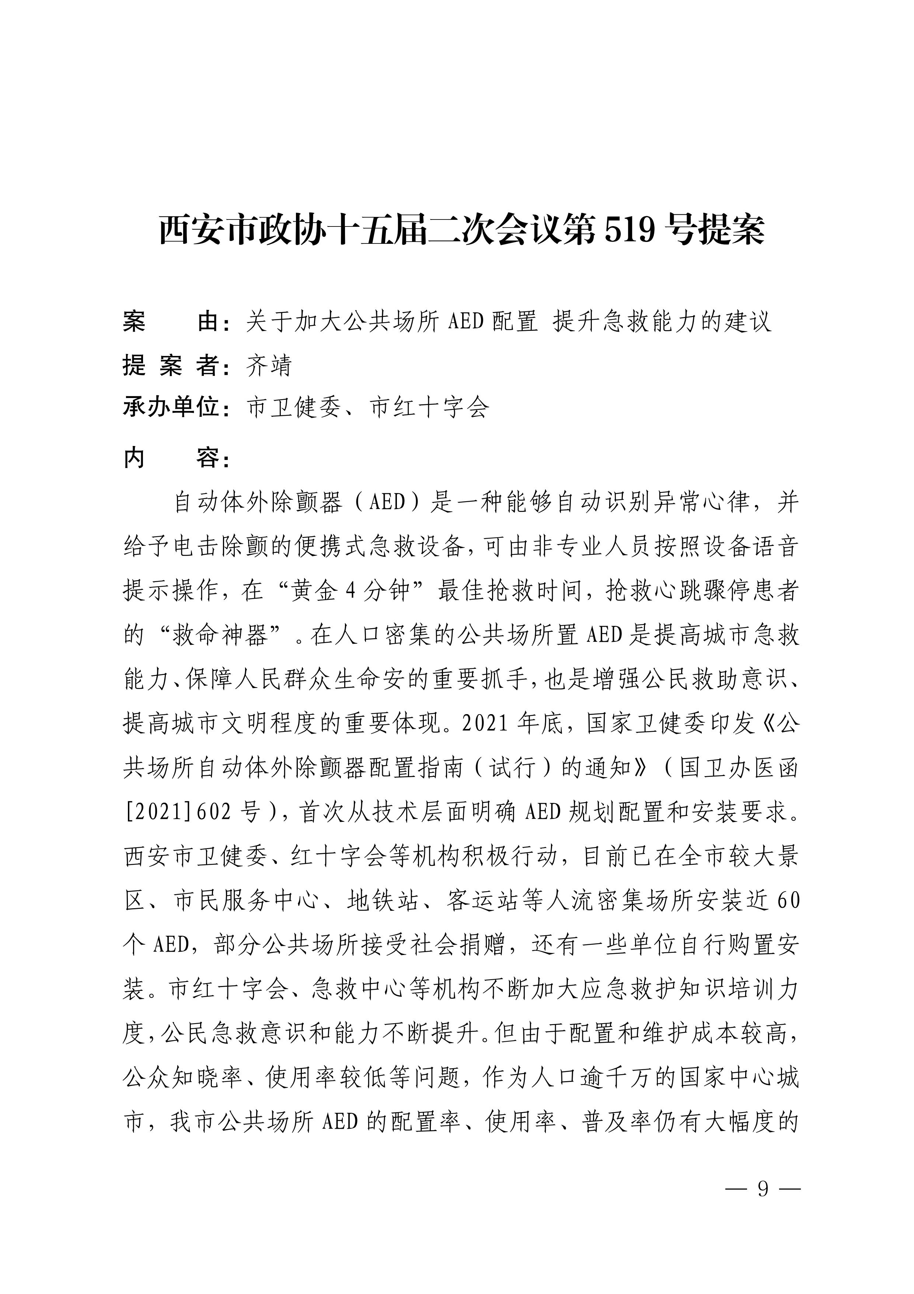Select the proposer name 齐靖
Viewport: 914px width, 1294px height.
(269, 366)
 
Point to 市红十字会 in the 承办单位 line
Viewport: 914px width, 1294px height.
(430, 407)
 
